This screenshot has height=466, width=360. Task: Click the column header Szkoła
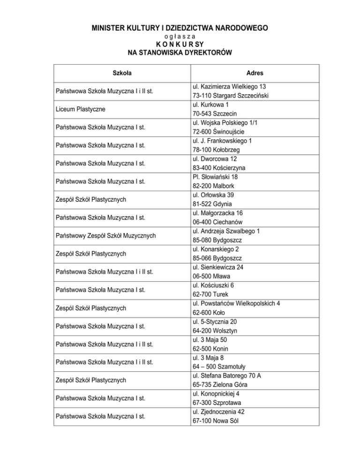122,73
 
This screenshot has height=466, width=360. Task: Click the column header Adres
255,73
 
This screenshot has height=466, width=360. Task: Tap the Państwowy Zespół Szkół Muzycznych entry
105,235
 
